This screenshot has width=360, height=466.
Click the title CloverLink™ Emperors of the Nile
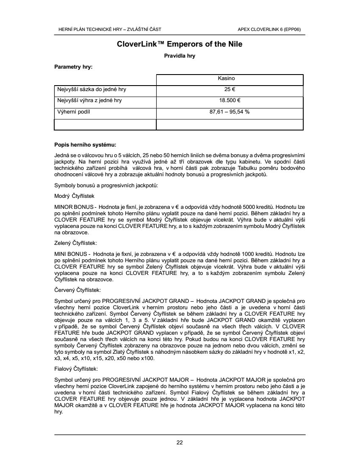coord(180,44)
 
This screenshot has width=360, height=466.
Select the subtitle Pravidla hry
coord(180,55)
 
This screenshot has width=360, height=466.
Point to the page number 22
coord(180,443)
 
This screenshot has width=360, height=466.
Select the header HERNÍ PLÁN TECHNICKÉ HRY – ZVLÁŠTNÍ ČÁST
coord(109,30)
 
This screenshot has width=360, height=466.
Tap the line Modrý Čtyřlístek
coord(75,196)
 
